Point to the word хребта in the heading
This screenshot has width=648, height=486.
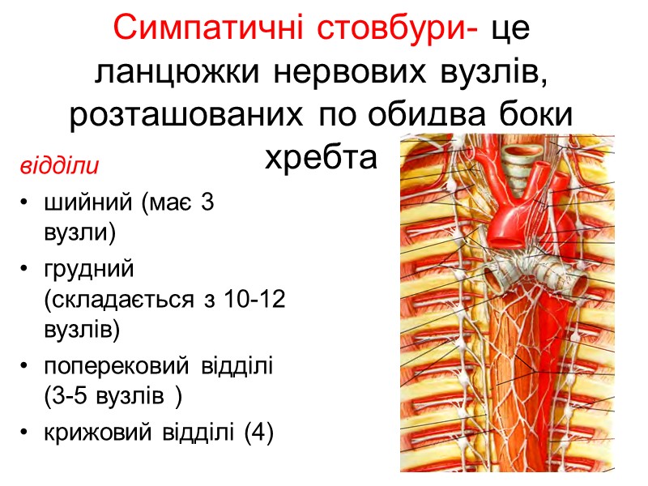coord(322,156)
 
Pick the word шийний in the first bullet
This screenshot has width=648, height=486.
coord(90,204)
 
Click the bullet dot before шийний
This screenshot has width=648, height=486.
coord(26,205)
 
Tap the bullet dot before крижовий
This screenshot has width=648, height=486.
coord(26,434)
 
